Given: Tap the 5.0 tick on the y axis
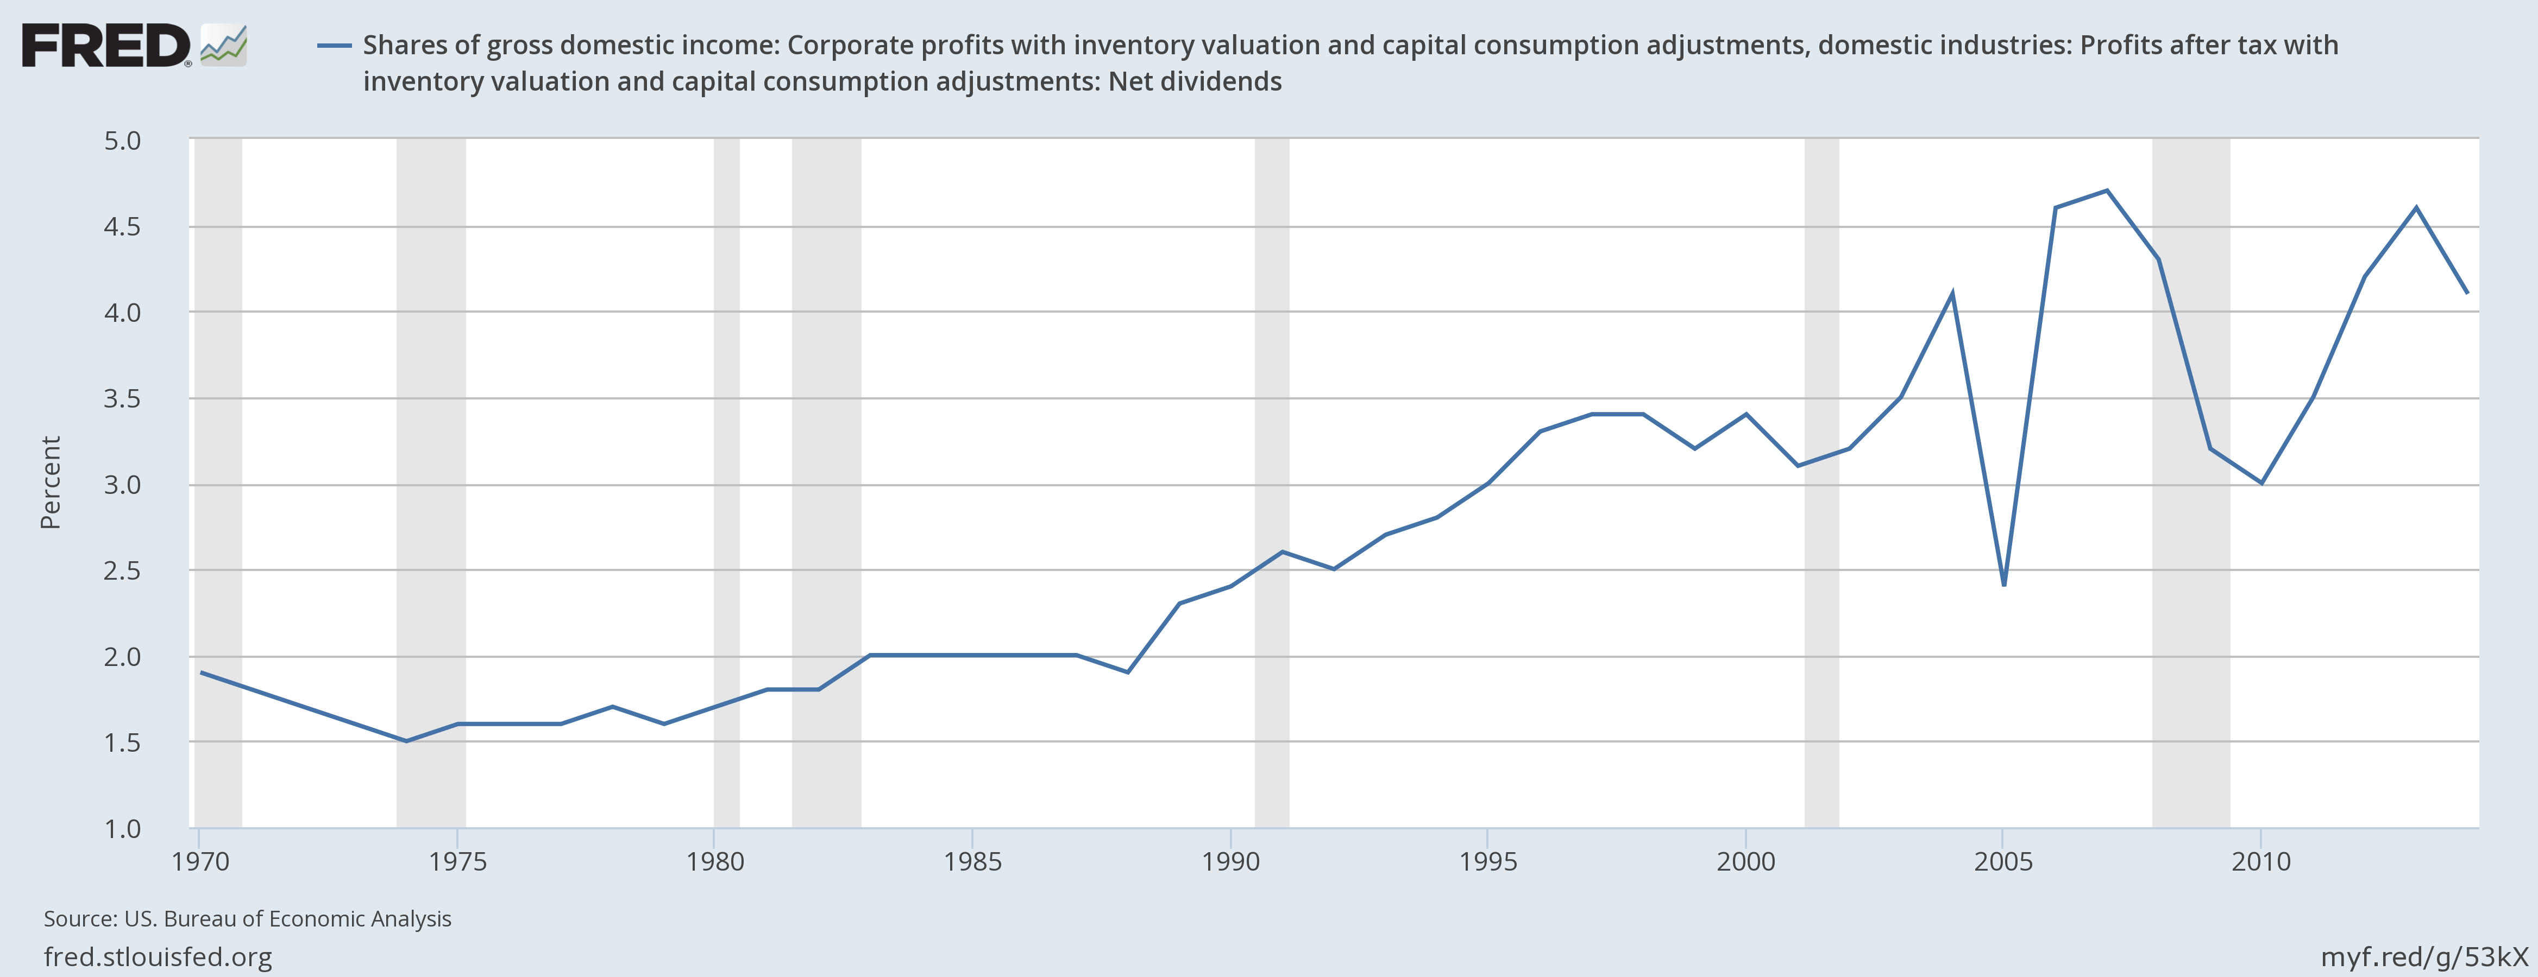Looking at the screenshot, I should coord(122,141).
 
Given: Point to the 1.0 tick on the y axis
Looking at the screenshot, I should coord(122,828).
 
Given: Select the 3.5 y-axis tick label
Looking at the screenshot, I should coord(122,399).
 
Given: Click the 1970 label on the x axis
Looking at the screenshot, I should coord(200,862).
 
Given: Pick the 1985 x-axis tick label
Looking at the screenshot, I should coord(972,862).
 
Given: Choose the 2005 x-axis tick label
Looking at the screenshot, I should coord(2003,862).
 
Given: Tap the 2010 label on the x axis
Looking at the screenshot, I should coord(2261,862).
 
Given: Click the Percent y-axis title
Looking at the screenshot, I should coord(50,483).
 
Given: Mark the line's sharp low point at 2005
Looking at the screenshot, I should coord(2004,585).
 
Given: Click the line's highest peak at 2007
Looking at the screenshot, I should coord(2107,190).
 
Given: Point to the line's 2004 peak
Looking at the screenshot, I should coord(1952,294).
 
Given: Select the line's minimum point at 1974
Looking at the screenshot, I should coord(406,741).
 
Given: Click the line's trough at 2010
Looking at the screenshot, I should coord(2261,483).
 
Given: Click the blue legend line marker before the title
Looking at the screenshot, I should coord(334,45).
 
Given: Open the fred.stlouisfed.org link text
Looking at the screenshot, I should coord(158,956).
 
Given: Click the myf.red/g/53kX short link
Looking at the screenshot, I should coord(2424,956).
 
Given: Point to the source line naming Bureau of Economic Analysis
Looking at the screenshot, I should coord(247,919).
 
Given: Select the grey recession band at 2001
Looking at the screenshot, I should coord(1821,483).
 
